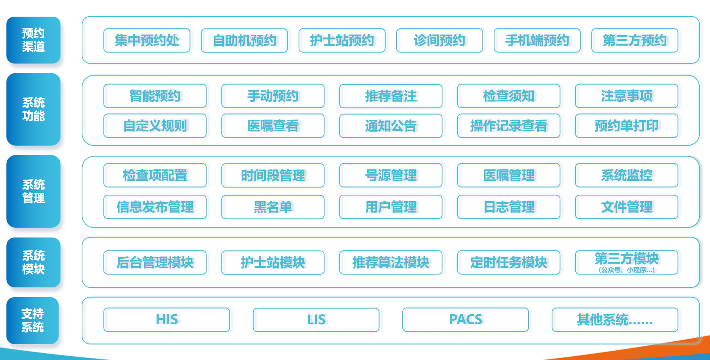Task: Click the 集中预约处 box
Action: pyautogui.click(x=147, y=40)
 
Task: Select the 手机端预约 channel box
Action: pyautogui.click(x=537, y=40)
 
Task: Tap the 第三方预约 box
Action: pyautogui.click(x=634, y=40)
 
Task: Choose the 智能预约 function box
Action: pyautogui.click(x=155, y=96)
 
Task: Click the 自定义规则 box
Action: pyautogui.click(x=155, y=126)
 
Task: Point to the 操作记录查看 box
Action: pyautogui.click(x=508, y=126)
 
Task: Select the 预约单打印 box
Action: pyautogui.click(x=626, y=126)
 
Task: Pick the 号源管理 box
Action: pyautogui.click(x=391, y=175)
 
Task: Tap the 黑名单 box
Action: pyautogui.click(x=273, y=207)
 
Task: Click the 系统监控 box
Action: pyautogui.click(x=626, y=175)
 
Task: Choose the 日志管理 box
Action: pyautogui.click(x=508, y=207)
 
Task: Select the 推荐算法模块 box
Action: pyautogui.click(x=391, y=262)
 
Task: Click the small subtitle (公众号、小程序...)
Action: pyautogui.click(x=626, y=270)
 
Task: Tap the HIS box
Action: pyautogui.click(x=167, y=320)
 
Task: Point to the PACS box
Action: pyautogui.click(x=465, y=320)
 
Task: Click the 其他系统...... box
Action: pyautogui.click(x=615, y=320)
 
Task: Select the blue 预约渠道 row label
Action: pyautogui.click(x=33, y=40)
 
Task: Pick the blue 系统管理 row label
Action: pyautogui.click(x=33, y=191)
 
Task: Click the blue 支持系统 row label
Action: pyautogui.click(x=33, y=321)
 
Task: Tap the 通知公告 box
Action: pyautogui.click(x=391, y=126)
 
